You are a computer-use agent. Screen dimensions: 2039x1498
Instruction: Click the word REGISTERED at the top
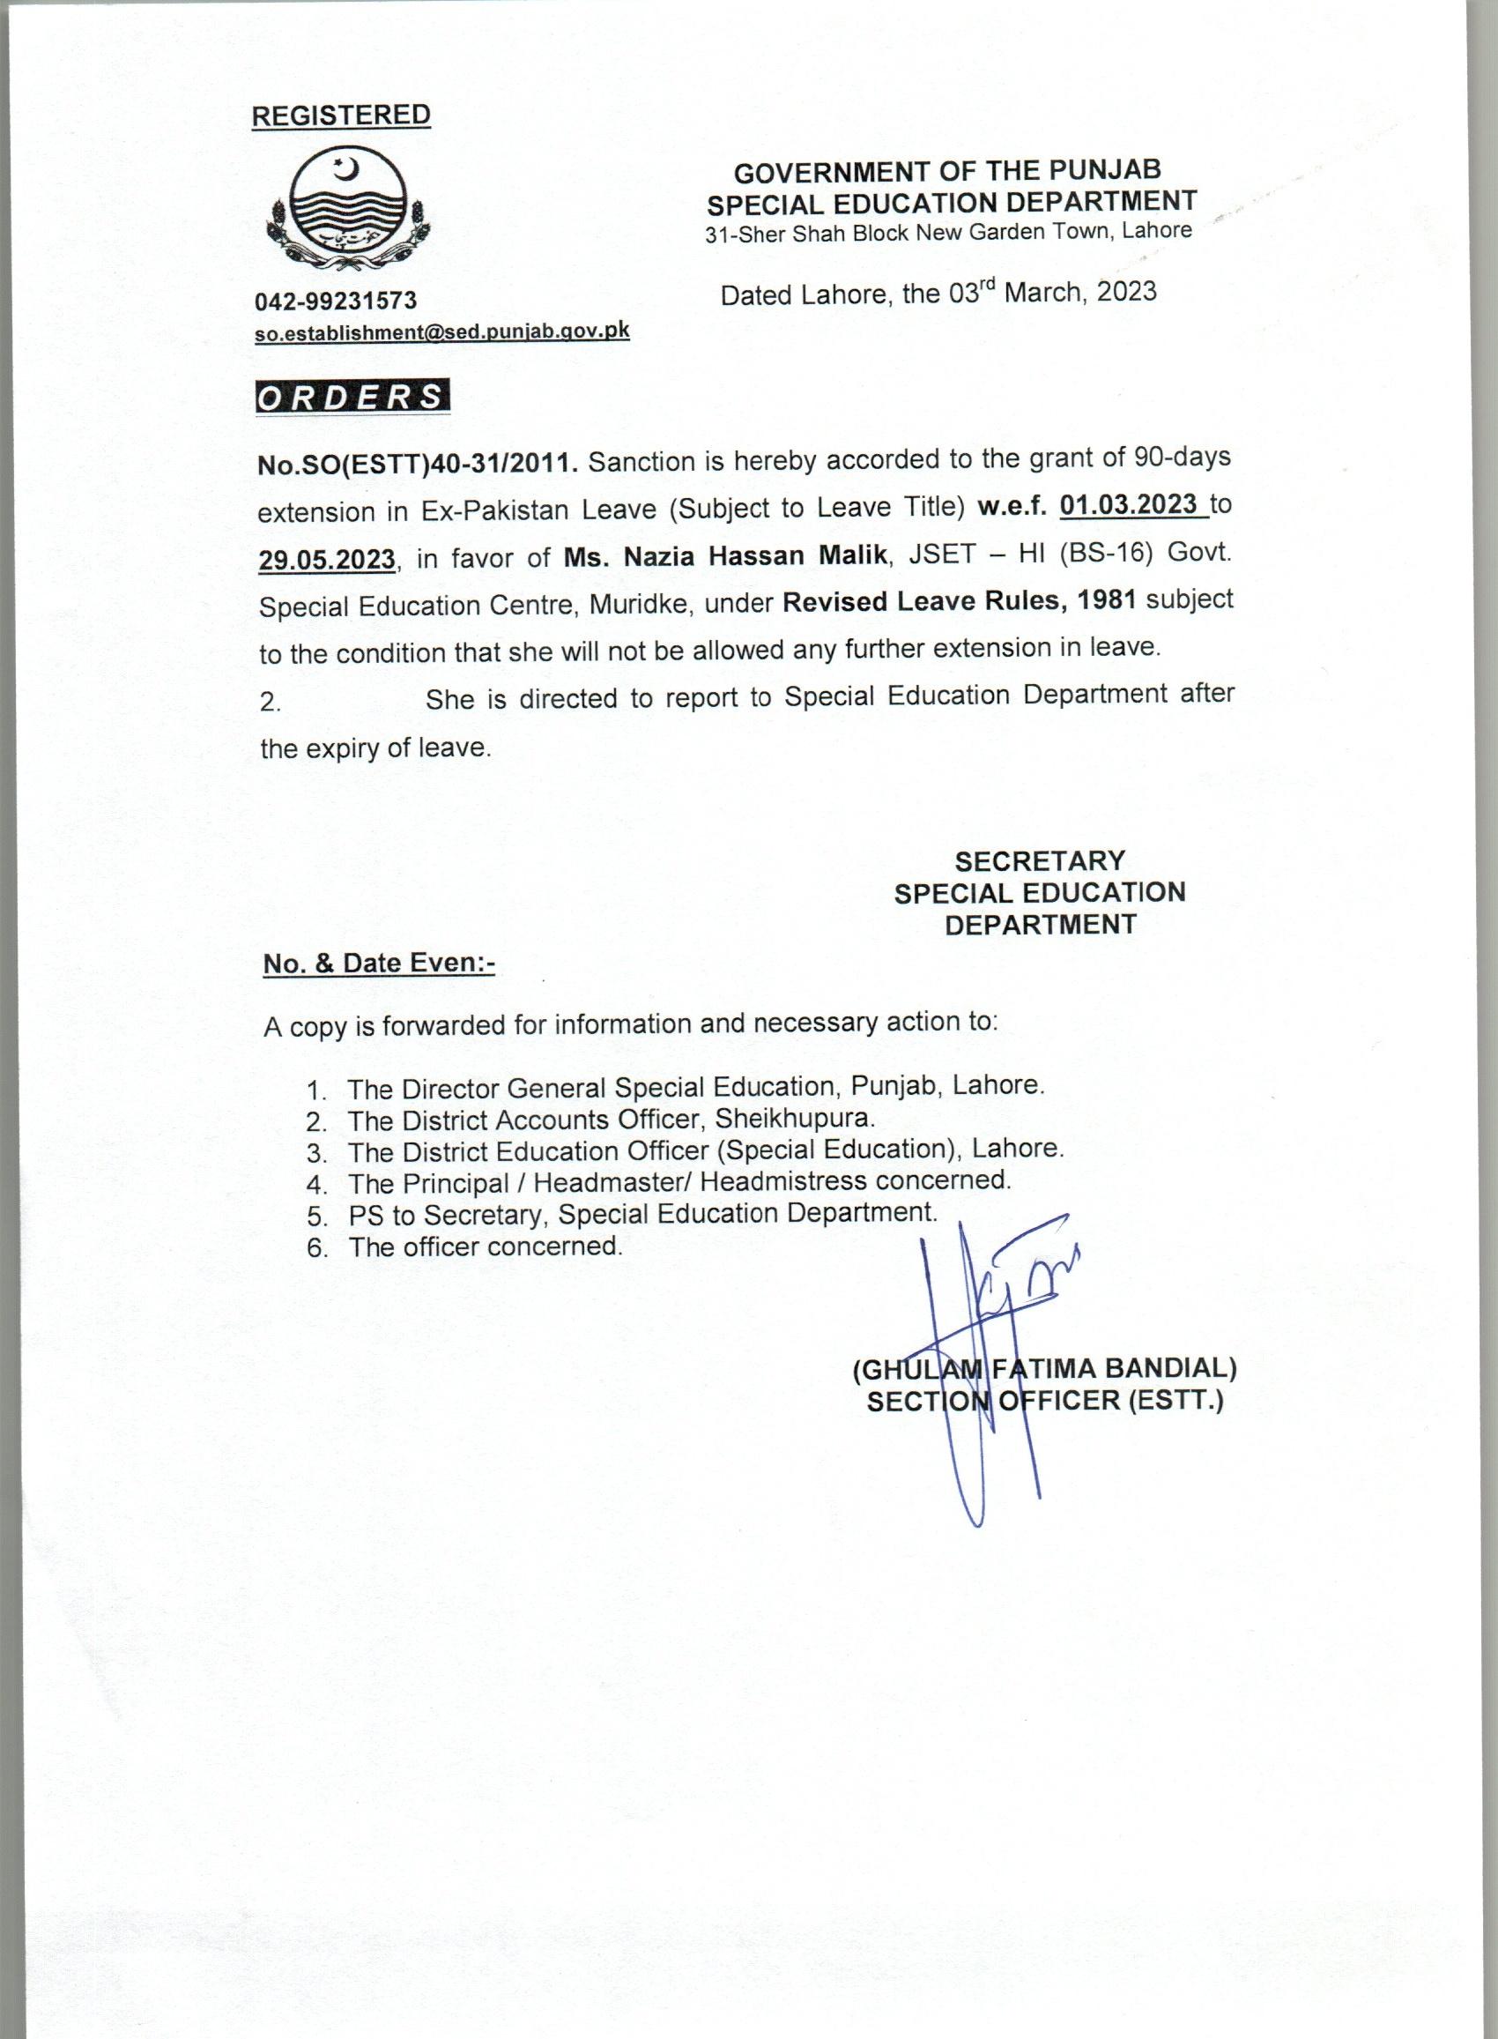click(x=340, y=115)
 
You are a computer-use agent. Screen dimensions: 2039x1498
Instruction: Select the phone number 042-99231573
click(x=336, y=301)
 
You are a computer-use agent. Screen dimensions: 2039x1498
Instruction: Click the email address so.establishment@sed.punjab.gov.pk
click(x=441, y=332)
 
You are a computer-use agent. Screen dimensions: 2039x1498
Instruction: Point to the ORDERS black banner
click(x=352, y=398)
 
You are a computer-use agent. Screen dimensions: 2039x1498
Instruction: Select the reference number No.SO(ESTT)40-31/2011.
click(x=418, y=464)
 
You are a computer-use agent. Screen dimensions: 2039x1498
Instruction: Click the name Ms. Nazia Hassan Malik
click(x=723, y=555)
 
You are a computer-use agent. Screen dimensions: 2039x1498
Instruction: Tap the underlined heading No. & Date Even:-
click(x=379, y=964)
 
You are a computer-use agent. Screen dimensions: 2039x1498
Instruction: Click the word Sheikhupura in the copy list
click(x=794, y=1118)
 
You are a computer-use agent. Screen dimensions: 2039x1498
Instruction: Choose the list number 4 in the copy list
click(x=315, y=1185)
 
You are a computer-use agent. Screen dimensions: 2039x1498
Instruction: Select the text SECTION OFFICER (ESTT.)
click(x=1044, y=1401)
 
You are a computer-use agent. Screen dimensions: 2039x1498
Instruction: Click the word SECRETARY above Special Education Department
click(x=1039, y=860)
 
